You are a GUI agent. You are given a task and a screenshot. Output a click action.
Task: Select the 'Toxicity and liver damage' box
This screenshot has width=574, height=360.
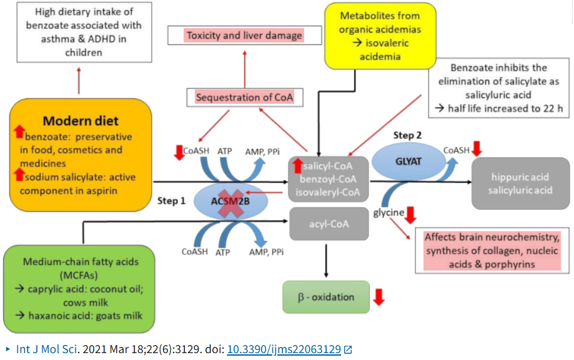244,36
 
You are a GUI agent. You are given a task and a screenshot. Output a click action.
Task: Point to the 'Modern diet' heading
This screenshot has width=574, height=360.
81,121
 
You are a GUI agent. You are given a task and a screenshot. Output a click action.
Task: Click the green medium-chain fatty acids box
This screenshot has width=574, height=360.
81,288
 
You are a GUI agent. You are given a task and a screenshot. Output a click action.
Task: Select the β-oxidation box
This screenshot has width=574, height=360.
325,297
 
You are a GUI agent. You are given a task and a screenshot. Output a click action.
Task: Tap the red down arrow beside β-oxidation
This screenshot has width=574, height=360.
379,297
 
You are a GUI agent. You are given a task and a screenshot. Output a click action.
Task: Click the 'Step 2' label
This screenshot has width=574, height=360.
408,135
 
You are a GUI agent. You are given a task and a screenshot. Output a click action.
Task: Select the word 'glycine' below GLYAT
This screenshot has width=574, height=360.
388,213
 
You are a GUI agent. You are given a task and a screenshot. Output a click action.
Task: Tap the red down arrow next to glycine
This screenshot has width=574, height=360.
410,216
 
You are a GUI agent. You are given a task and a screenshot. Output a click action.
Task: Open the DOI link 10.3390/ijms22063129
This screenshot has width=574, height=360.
284,349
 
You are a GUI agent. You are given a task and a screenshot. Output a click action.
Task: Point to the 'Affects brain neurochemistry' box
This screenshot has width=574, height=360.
492,251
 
